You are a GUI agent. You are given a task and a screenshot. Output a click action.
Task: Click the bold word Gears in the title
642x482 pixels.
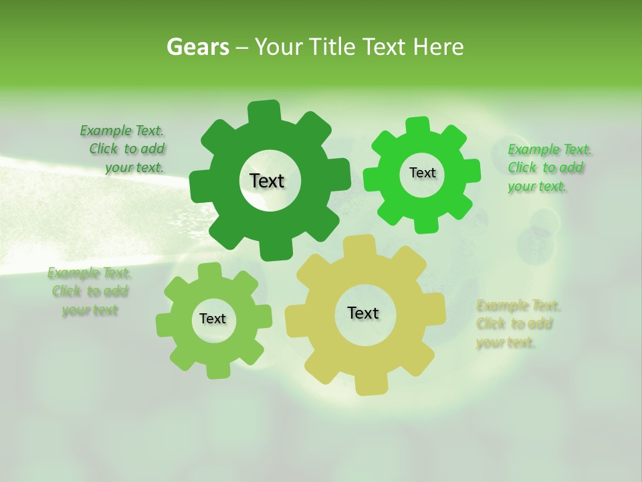tap(197, 47)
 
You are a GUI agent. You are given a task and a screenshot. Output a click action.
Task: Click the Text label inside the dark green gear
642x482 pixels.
tap(267, 181)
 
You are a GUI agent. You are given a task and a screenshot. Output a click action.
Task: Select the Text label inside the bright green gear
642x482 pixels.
tap(422, 173)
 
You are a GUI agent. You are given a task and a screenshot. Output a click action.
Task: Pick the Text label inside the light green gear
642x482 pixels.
tap(213, 319)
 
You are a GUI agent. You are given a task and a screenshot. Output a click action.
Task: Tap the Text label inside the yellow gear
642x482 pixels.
tap(363, 313)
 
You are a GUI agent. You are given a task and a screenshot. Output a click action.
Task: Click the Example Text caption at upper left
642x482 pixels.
tap(122, 149)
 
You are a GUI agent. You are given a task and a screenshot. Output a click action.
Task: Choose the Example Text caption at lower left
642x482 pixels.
tap(90, 291)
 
